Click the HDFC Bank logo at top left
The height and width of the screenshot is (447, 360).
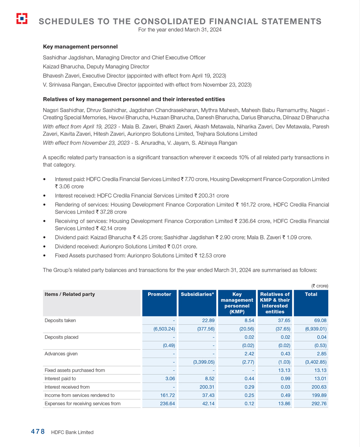tap(21, 19)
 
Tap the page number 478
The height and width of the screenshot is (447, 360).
tap(35, 432)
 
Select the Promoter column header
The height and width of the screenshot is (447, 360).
tap(160, 294)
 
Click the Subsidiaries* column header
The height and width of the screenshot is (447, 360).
tap(197, 294)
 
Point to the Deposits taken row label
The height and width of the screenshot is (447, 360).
tap(60, 321)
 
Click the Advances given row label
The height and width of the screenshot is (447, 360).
tap(61, 353)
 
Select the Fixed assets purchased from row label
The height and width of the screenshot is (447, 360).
tap(75, 370)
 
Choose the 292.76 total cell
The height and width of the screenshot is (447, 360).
tap(317, 403)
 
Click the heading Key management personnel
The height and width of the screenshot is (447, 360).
tap(80, 47)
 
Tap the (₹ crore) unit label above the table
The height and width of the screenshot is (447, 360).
tap(319, 286)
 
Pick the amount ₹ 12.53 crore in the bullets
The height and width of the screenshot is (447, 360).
tap(210, 255)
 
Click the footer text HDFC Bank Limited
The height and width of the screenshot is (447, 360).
tap(72, 432)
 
